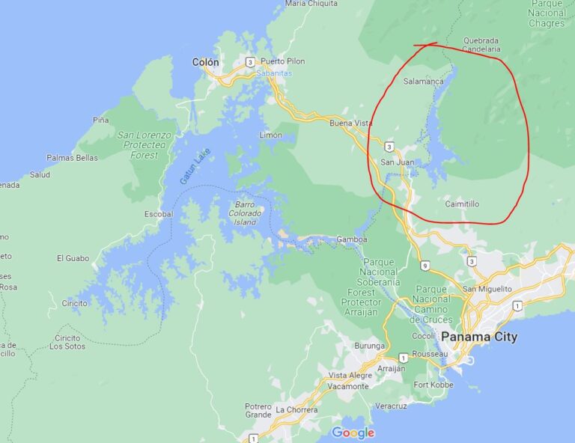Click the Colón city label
coord(206,62)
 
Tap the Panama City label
coord(479,337)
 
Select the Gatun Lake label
coord(195,167)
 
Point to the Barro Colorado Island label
coord(245,213)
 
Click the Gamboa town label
coord(352,239)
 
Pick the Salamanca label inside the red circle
coord(424,81)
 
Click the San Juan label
coord(397,162)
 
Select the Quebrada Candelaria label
coord(481,45)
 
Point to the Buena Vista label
coord(351,123)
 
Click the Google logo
coord(353,433)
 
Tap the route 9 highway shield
coord(425,265)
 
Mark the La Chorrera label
coord(296,409)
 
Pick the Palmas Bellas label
coord(72,158)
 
